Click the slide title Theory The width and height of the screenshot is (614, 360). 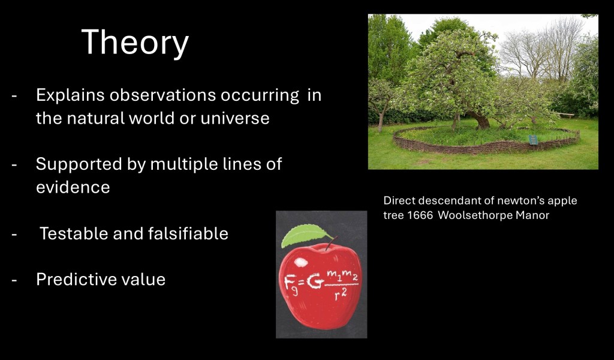tap(135, 43)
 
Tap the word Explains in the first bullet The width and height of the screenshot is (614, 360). tap(71, 95)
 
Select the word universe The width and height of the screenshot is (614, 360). tap(235, 118)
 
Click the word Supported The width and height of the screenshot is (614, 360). tap(79, 164)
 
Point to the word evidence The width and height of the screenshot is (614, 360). tap(73, 187)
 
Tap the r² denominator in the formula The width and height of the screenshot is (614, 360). tap(341, 295)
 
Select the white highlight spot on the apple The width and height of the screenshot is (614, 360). tap(301, 262)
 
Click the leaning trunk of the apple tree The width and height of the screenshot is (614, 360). tap(480, 120)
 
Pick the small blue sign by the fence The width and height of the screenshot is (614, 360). tap(533, 139)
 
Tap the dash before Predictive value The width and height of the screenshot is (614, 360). tap(14, 280)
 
